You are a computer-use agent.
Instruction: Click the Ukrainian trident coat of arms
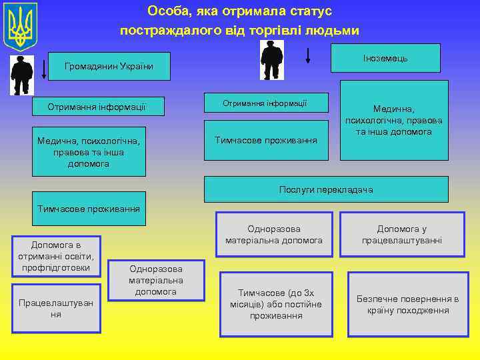click(x=21, y=27)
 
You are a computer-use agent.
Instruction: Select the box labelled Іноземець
click(x=385, y=58)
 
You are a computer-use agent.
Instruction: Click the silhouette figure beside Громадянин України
click(x=22, y=75)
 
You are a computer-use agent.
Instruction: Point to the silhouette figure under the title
click(x=271, y=60)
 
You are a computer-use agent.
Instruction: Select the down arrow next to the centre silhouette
click(x=307, y=55)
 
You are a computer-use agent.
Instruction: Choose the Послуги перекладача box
click(x=326, y=189)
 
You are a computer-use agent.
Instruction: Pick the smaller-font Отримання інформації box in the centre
click(x=265, y=103)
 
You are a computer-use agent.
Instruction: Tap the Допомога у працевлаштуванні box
click(x=401, y=235)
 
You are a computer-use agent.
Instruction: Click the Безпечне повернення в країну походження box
click(x=407, y=305)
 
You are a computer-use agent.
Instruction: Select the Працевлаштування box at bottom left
click(x=56, y=308)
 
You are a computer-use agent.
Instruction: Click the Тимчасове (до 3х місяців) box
click(x=276, y=304)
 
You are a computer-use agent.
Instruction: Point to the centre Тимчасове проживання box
click(x=266, y=140)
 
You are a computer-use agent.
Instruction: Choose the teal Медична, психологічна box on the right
click(x=393, y=120)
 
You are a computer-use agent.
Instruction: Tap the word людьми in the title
click(x=332, y=31)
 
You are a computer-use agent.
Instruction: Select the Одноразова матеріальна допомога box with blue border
click(x=274, y=235)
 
